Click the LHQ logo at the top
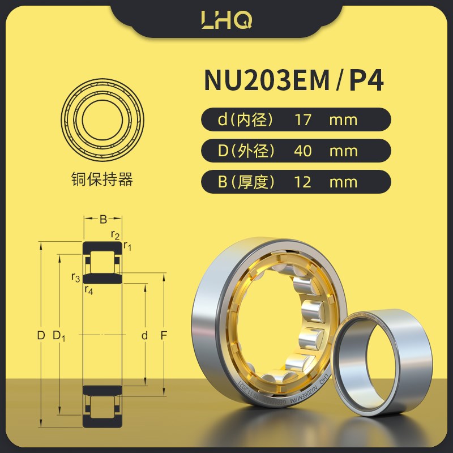click(x=226, y=20)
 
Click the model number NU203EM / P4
click(x=294, y=80)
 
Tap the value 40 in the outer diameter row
click(x=303, y=151)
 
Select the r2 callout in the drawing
click(x=114, y=235)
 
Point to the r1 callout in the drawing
click(x=127, y=246)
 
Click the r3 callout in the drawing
click(x=75, y=277)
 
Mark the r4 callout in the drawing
click(x=88, y=290)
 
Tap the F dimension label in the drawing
click(x=163, y=336)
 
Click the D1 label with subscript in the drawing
click(x=59, y=336)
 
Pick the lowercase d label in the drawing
click(x=144, y=336)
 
